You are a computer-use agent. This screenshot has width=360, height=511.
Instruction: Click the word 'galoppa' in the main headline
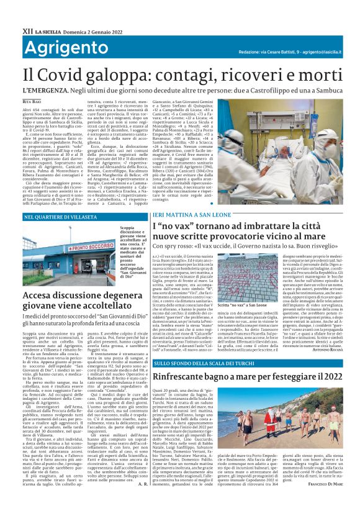click(111, 73)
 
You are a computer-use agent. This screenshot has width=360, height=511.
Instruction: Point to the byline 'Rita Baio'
click(31, 100)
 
